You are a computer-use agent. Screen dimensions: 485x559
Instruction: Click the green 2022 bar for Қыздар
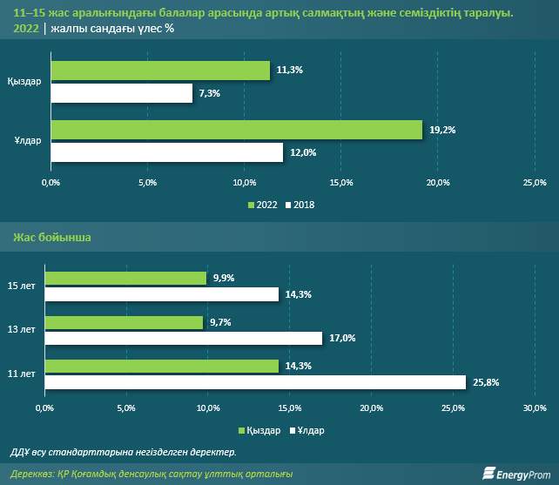coord(160,71)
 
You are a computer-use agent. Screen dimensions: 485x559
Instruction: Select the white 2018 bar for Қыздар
coord(122,92)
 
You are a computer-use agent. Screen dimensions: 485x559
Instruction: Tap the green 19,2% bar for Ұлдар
coord(237,130)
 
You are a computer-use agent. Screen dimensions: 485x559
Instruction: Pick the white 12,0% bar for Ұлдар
coord(167,152)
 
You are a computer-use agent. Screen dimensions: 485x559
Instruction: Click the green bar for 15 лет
coord(125,279)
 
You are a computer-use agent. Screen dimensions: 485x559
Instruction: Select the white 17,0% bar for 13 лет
coord(184,337)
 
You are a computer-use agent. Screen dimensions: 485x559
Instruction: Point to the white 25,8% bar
coord(255,381)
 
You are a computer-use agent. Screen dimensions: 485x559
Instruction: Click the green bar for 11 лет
coord(161,367)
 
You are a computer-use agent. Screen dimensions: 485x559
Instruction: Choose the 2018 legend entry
coord(300,205)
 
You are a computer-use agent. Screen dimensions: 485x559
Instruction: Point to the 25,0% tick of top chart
coord(534,182)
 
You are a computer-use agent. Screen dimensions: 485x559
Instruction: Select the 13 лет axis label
coord(21,330)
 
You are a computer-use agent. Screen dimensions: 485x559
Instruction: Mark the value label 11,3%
coord(289,71)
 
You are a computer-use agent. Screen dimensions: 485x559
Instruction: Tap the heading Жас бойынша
coord(51,237)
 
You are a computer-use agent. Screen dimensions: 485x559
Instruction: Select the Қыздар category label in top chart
coord(24,81)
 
